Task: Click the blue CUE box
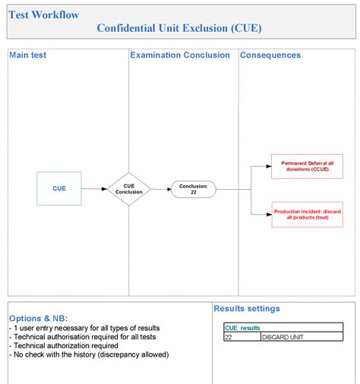[58, 188]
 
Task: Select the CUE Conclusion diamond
[128, 189]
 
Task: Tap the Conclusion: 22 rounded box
[193, 189]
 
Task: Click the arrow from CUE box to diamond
[93, 189]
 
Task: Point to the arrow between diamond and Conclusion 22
[161, 189]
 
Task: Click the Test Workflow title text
[44, 14]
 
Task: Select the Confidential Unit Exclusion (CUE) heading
[181, 28]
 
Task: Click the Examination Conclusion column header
[180, 55]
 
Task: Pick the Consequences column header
[270, 55]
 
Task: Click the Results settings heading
[247, 309]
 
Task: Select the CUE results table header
[242, 328]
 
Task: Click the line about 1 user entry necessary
[84, 328]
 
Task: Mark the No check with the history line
[89, 354]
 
